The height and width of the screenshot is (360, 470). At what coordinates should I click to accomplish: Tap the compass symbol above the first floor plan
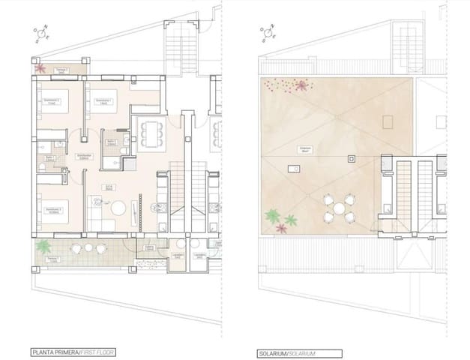[40, 34]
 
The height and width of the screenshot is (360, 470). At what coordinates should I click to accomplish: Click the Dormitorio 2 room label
[52, 100]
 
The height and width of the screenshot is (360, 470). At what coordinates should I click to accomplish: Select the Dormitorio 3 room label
[52, 210]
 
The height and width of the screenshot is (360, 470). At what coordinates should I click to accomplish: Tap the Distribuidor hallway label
[85, 157]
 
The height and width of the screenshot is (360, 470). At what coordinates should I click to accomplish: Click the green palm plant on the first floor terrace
[45, 245]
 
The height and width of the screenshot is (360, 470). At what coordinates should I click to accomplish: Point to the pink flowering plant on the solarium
[301, 85]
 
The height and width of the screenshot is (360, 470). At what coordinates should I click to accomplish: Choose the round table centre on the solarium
[338, 208]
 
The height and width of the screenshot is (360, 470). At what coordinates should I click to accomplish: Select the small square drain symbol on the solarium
[350, 158]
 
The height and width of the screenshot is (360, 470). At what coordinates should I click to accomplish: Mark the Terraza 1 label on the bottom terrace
[52, 259]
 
